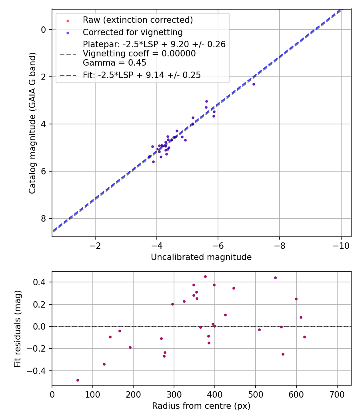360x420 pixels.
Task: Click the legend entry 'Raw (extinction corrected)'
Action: tap(138, 20)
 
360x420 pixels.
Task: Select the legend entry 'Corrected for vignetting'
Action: tap(132, 32)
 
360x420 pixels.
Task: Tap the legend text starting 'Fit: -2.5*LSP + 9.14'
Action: tap(142, 75)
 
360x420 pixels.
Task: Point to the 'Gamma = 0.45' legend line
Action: tap(114, 63)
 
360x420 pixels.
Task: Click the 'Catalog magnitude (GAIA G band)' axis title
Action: tap(32, 123)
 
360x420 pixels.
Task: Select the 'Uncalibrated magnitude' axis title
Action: tap(201, 257)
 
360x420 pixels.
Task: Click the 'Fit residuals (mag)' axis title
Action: tap(18, 328)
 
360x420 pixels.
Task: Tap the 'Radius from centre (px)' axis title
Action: tap(201, 406)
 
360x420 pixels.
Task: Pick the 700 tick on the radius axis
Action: tap(337, 394)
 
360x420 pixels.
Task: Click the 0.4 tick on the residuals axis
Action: tap(42, 282)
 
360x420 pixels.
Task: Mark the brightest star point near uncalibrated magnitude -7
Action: tap(254, 84)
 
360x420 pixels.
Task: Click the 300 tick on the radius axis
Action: tap(174, 394)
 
